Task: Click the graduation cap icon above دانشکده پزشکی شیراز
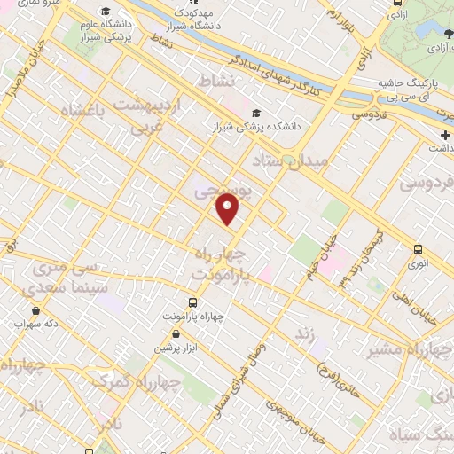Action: tap(257, 113)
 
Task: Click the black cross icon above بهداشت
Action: tap(445, 135)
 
